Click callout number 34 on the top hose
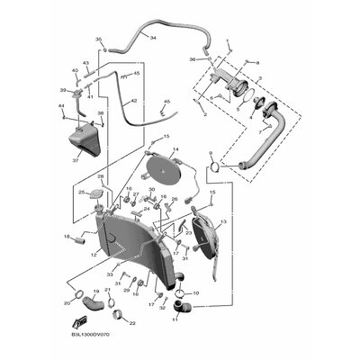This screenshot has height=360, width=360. pos(153,39)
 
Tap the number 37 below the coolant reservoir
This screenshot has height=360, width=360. pos(76,161)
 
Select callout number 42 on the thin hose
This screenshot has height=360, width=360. pos(134,102)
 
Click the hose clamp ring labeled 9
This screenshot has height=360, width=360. pos(214,165)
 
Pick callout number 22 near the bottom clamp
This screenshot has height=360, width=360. pos(132,323)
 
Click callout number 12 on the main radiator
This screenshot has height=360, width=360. pos(94,256)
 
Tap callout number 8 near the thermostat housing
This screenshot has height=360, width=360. pos(256,61)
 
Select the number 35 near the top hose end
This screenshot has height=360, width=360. pos(99,40)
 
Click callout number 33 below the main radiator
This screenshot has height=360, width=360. pos(110,274)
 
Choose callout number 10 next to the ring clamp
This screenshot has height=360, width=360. pos(196,292)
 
